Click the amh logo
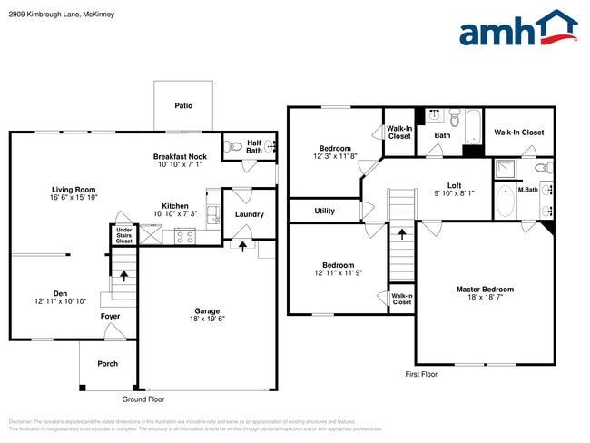pyautogui.click(x=517, y=29)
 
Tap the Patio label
pyautogui.click(x=183, y=106)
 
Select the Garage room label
pyautogui.click(x=207, y=311)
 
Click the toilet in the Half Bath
pyautogui.click(x=233, y=145)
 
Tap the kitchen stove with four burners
pyautogui.click(x=184, y=235)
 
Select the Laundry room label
pyautogui.click(x=249, y=215)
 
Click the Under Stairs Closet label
pyautogui.click(x=123, y=236)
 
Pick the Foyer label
pyautogui.click(x=110, y=317)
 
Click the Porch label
pyautogui.click(x=107, y=364)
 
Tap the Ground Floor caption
pyautogui.click(x=143, y=399)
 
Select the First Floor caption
pyautogui.click(x=421, y=374)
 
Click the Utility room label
pyautogui.click(x=324, y=211)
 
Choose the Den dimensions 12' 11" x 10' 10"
pyautogui.click(x=61, y=300)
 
